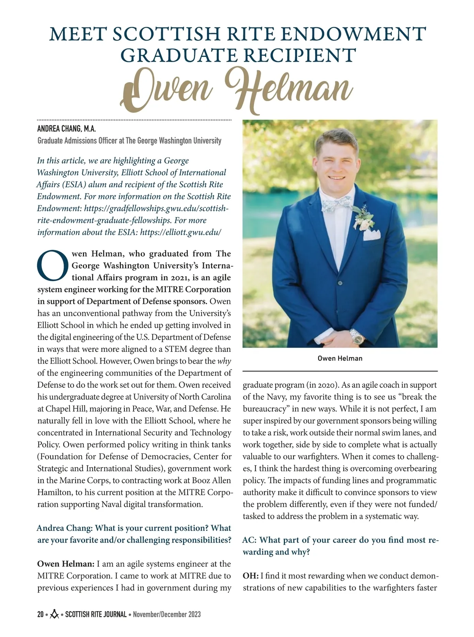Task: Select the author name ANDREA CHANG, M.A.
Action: click(x=67, y=129)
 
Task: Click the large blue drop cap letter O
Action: click(x=53, y=265)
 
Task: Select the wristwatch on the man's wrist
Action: click(x=356, y=336)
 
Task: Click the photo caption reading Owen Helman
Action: click(x=340, y=359)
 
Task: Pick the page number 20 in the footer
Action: click(x=40, y=614)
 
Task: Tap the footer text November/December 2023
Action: click(x=167, y=614)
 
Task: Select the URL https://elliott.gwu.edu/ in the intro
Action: click(x=181, y=232)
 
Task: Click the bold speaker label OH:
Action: click(x=251, y=576)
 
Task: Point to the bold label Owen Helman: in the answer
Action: click(x=66, y=564)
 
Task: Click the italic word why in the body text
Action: click(x=224, y=361)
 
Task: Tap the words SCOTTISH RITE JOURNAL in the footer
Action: click(x=96, y=614)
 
